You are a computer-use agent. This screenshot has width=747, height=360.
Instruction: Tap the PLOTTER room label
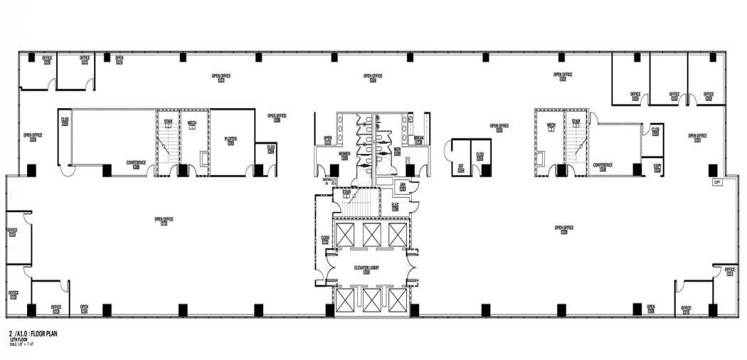click(x=231, y=139)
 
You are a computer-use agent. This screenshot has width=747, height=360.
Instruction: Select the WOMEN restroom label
click(x=344, y=154)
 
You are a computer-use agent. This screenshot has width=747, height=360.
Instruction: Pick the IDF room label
click(x=461, y=166)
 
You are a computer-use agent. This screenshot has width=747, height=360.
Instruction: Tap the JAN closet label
click(x=402, y=187)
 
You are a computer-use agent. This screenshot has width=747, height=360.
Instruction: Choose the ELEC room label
click(x=395, y=206)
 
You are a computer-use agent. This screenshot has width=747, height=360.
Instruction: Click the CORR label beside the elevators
click(x=325, y=239)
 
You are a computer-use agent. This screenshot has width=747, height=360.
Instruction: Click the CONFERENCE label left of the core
click(x=136, y=163)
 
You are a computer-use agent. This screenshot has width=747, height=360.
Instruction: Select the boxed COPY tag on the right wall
click(x=717, y=182)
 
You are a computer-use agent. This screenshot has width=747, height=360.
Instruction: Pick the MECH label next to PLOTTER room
click(x=191, y=124)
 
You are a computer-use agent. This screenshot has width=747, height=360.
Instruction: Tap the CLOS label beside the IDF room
click(x=480, y=154)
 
